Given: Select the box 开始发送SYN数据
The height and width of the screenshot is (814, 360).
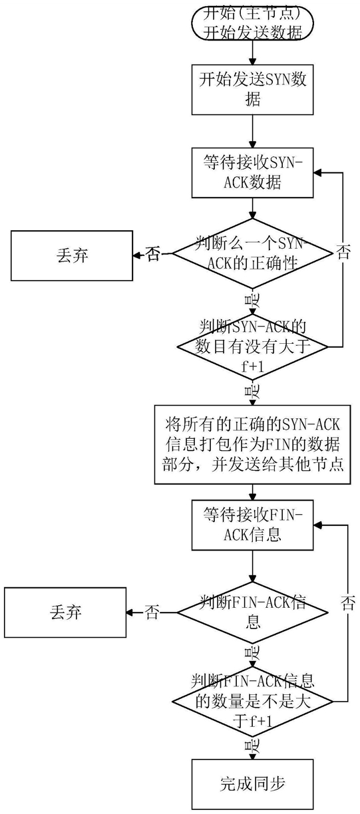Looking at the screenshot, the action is click(x=252, y=90).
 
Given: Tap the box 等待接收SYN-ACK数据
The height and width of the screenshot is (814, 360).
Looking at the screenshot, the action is click(x=252, y=173).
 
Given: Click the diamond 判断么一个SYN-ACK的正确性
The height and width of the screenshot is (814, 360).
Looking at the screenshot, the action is click(x=251, y=253).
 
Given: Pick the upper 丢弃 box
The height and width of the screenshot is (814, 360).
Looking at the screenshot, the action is click(x=72, y=255).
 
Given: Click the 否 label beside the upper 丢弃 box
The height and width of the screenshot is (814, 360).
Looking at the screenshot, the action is click(x=152, y=254).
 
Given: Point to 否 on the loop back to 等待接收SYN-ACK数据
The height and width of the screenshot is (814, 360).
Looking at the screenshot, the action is click(x=343, y=252).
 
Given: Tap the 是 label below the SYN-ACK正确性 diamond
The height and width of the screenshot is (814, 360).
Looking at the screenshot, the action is click(x=252, y=302).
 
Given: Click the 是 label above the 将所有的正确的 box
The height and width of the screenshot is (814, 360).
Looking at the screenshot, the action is click(x=252, y=392).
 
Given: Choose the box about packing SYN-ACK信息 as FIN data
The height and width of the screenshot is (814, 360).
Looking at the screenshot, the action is click(x=252, y=444).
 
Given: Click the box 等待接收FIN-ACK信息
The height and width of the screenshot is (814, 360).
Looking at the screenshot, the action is click(x=252, y=525).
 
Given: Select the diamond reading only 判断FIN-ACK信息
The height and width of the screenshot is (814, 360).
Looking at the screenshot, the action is click(x=251, y=612).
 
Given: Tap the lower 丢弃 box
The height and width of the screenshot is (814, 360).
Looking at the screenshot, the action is click(x=65, y=612).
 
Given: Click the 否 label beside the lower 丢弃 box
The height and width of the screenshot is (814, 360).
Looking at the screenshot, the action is click(x=152, y=612).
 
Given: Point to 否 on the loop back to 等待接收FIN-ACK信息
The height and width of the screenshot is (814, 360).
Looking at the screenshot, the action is click(x=348, y=605).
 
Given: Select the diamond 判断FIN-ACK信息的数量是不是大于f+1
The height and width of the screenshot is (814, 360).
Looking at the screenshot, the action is click(x=252, y=701).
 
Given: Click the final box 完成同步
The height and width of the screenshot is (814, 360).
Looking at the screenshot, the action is click(x=252, y=784).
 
